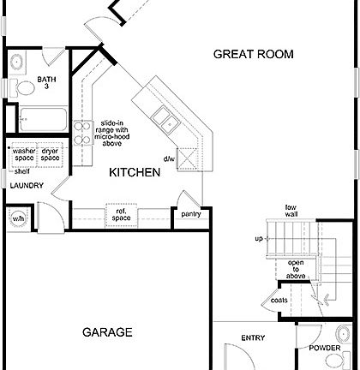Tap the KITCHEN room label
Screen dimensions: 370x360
click(135, 173)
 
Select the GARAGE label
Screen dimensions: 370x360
click(107, 331)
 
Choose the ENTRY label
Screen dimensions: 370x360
click(253, 338)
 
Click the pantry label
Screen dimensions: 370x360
click(190, 215)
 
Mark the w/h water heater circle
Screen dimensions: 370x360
click(18, 219)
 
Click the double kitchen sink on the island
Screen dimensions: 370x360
click(162, 118)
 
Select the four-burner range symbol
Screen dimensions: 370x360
click(83, 133)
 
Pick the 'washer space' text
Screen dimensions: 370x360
click(23, 154)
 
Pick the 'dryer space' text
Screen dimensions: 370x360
click(50, 154)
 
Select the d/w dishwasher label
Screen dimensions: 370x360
click(169, 158)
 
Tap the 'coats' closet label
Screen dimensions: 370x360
click(279, 300)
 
